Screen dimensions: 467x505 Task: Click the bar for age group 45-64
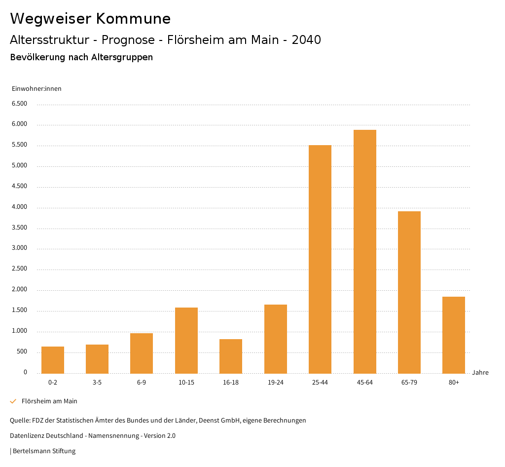[364, 252]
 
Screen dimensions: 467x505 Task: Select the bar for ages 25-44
[320, 259]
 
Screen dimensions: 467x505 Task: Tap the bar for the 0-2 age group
[53, 360]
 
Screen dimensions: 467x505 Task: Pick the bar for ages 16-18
[231, 356]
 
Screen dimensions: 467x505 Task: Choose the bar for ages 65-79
[409, 292]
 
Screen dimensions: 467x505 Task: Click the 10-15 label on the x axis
[186, 383]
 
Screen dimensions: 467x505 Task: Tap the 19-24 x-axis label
[275, 383]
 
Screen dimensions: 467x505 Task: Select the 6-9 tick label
[142, 383]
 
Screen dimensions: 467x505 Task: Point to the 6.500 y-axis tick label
[19, 104]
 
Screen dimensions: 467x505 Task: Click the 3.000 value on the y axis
[19, 248]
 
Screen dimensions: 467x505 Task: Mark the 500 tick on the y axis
[22, 351]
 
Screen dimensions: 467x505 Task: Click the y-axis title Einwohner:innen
[36, 89]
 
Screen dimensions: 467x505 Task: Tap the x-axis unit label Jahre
[480, 373]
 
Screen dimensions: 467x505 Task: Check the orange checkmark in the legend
[13, 401]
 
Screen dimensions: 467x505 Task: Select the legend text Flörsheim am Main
[49, 401]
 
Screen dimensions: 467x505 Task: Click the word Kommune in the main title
[133, 19]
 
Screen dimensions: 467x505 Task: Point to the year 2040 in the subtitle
[306, 40]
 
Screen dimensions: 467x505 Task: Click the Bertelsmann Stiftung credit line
[43, 451]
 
